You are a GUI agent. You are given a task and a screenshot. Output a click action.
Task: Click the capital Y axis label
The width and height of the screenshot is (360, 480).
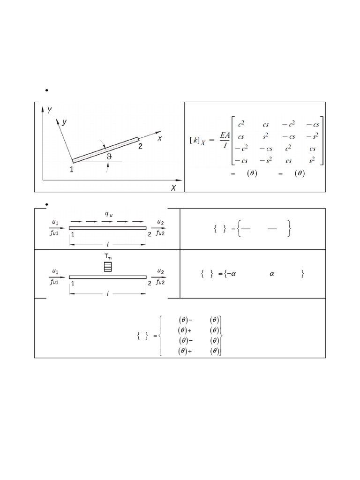[x=50, y=110]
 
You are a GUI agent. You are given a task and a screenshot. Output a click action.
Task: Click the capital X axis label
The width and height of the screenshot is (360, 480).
[x=173, y=187]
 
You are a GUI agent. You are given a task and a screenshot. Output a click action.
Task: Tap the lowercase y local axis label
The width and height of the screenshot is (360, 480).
[x=64, y=122]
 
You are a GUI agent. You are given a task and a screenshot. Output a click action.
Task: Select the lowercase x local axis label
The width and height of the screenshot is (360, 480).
[x=159, y=138]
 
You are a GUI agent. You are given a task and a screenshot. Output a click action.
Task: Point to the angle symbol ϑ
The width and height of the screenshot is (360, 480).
[x=109, y=157]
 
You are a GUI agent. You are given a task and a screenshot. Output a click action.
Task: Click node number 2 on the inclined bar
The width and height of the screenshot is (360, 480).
[x=140, y=146]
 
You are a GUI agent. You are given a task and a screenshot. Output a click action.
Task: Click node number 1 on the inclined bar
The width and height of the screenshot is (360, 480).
[x=71, y=169]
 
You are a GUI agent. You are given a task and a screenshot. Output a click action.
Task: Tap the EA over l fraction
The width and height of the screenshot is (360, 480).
[x=225, y=140]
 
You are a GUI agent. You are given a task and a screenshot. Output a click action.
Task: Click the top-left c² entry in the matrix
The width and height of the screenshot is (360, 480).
[x=241, y=124]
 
